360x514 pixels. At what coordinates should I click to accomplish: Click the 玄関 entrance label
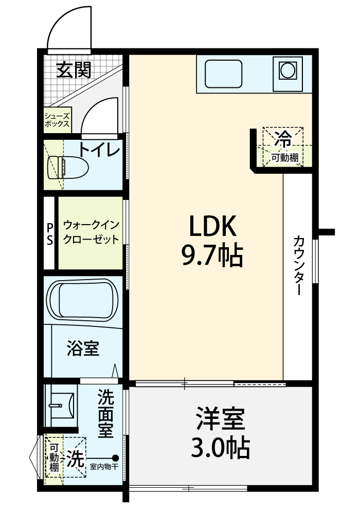point(74,70)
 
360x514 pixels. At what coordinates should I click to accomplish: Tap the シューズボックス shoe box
point(58,120)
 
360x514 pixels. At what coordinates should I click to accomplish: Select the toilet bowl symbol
point(68,168)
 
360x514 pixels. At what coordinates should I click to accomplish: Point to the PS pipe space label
point(49,234)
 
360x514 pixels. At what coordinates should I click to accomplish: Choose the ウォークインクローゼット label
point(91,232)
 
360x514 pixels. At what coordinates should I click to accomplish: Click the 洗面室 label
point(105,413)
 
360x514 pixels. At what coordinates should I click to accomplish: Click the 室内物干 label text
point(103,467)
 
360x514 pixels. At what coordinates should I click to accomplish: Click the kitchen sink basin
point(223,74)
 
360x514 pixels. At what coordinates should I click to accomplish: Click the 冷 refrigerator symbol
point(283,139)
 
